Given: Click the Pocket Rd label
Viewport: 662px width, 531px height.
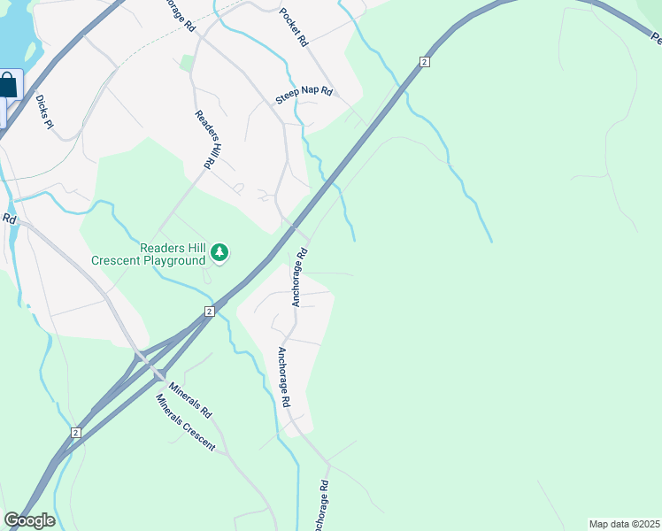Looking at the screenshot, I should [293, 27].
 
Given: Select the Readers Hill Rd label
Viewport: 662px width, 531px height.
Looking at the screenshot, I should [205, 140].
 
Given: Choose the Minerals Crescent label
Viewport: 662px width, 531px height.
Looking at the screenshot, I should [186, 423].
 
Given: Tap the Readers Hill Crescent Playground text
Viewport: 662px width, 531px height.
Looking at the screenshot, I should [149, 254].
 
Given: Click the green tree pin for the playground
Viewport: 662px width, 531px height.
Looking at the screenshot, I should [219, 254].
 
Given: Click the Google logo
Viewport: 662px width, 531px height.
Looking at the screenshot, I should [28, 520].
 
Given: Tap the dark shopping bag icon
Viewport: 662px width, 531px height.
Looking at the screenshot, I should [7, 87].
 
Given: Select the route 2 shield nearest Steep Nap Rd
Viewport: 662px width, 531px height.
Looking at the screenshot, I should [425, 61].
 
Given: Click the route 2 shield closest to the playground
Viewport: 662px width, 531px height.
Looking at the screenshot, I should [209, 312].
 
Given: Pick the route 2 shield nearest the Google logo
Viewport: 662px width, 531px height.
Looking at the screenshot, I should [76, 432].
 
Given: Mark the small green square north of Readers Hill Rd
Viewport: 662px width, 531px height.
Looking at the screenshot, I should [186, 63].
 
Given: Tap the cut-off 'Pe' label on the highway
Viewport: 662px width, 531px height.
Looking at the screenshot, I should [655, 38].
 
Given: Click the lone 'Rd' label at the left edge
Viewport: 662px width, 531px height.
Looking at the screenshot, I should [9, 218].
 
